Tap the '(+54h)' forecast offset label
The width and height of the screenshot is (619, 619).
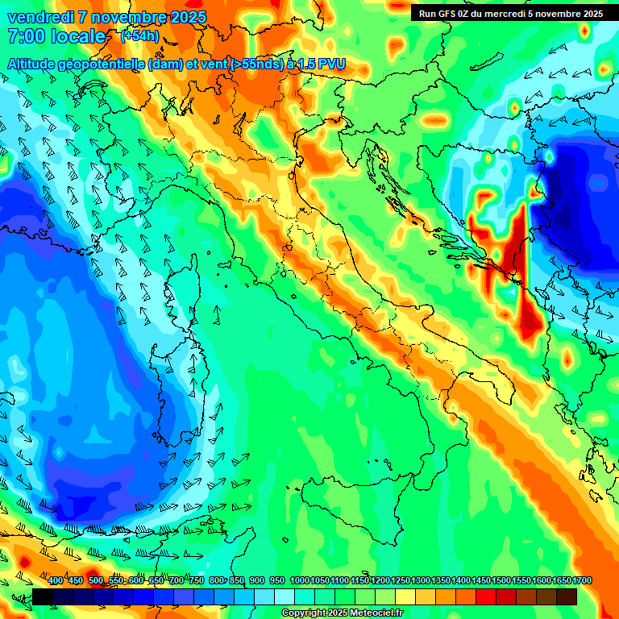coord(139,36)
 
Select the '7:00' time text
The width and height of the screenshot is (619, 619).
coord(24,36)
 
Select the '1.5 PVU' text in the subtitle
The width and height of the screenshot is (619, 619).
coord(322,64)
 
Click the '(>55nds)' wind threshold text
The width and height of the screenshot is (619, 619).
coord(255,64)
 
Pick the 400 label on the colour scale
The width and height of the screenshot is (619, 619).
coord(56,580)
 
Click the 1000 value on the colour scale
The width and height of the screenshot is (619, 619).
coord(299,580)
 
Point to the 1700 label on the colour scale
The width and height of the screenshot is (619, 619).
coord(562,580)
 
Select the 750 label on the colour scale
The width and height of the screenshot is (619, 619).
coord(196,580)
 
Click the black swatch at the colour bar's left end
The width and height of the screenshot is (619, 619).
coord(43,596)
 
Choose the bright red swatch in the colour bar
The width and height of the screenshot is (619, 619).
coord(486,596)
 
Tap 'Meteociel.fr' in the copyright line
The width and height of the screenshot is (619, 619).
coord(376,613)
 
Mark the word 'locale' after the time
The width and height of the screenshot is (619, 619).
coord(77,36)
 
